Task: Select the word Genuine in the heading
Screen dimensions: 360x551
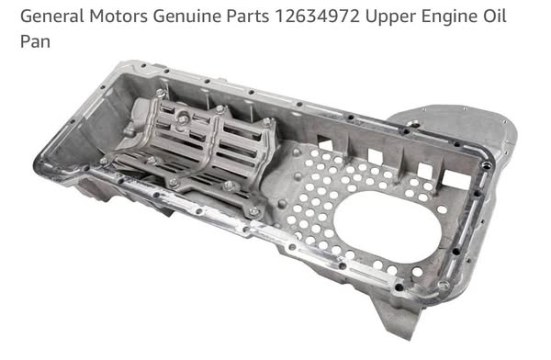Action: click(x=205, y=17)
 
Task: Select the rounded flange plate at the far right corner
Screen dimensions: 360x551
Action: click(x=459, y=129)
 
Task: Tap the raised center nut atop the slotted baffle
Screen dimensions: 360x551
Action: click(x=185, y=118)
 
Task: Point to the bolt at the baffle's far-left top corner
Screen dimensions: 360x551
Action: click(x=160, y=94)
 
